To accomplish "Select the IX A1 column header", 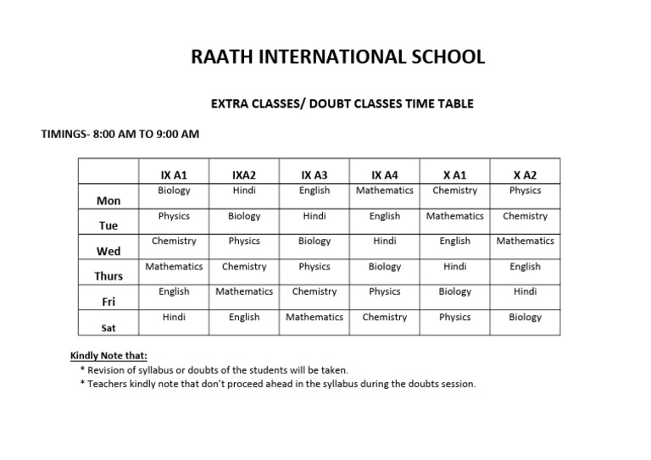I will (174, 175).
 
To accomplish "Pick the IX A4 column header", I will (384, 175).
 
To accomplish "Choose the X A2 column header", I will (525, 175).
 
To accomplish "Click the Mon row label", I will (108, 201).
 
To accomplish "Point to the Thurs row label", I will (108, 276).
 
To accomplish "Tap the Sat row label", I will (108, 327).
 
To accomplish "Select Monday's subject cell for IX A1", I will (174, 191).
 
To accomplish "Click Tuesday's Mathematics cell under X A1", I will (454, 216).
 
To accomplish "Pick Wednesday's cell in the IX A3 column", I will (314, 241).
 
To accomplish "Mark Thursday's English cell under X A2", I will (525, 267).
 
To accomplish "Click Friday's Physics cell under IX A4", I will (384, 291).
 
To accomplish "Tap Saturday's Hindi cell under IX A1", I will (174, 317).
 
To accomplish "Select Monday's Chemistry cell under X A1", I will (454, 191).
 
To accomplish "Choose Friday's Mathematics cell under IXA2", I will (244, 291).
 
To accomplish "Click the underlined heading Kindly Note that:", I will (108, 357).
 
